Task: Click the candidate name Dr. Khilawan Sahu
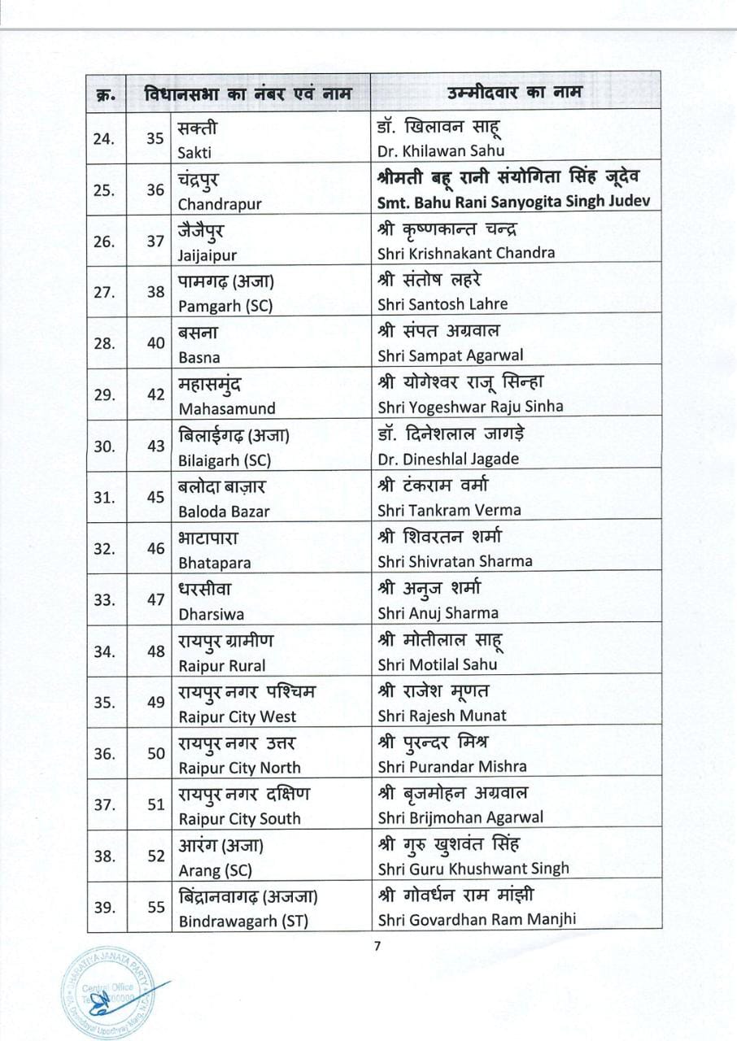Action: click(440, 150)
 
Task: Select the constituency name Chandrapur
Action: click(220, 204)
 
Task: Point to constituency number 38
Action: click(155, 292)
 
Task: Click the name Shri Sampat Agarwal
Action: click(450, 355)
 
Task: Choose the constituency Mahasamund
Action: click(227, 408)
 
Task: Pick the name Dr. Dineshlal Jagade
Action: click(448, 459)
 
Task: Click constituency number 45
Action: click(155, 497)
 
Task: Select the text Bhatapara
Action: click(215, 563)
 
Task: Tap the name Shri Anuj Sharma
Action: click(438, 613)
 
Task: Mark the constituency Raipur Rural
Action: click(221, 665)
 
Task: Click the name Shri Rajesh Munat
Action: click(442, 716)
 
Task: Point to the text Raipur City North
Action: click(239, 767)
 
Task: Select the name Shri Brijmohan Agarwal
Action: click(460, 817)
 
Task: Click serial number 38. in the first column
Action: click(104, 856)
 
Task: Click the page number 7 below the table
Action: click(377, 945)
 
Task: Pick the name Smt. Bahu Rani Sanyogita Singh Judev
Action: click(514, 202)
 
